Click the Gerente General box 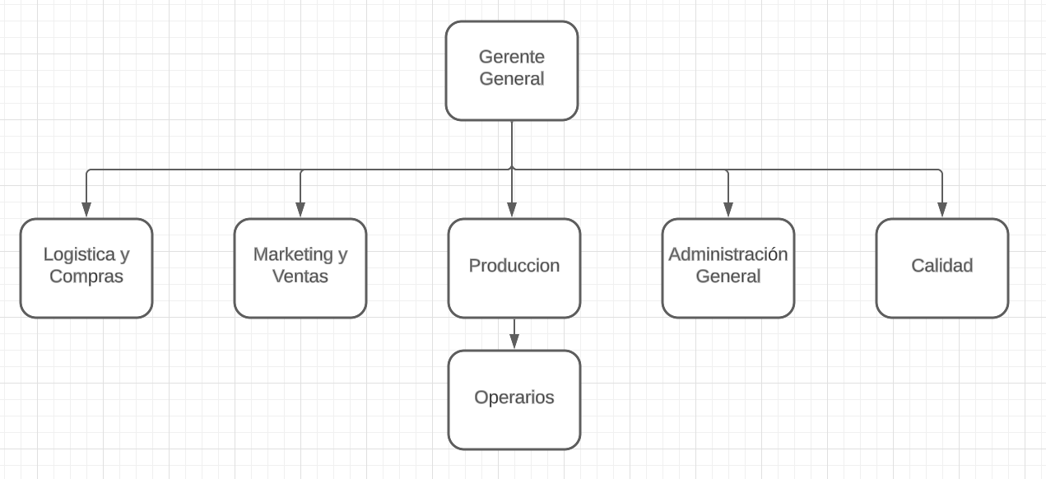512,71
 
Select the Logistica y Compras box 86,268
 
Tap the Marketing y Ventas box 300,268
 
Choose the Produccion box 514,268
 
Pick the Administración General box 728,268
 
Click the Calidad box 942,268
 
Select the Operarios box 514,400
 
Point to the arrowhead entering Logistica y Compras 86,210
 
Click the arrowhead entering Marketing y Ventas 300,210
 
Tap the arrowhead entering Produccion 512,210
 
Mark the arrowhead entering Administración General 728,210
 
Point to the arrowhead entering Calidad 942,210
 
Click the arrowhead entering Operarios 514,342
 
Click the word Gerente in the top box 512,57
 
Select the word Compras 86,277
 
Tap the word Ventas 300,277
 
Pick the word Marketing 293,255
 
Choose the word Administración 728,254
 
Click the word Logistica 79,255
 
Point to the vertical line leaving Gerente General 512,145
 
